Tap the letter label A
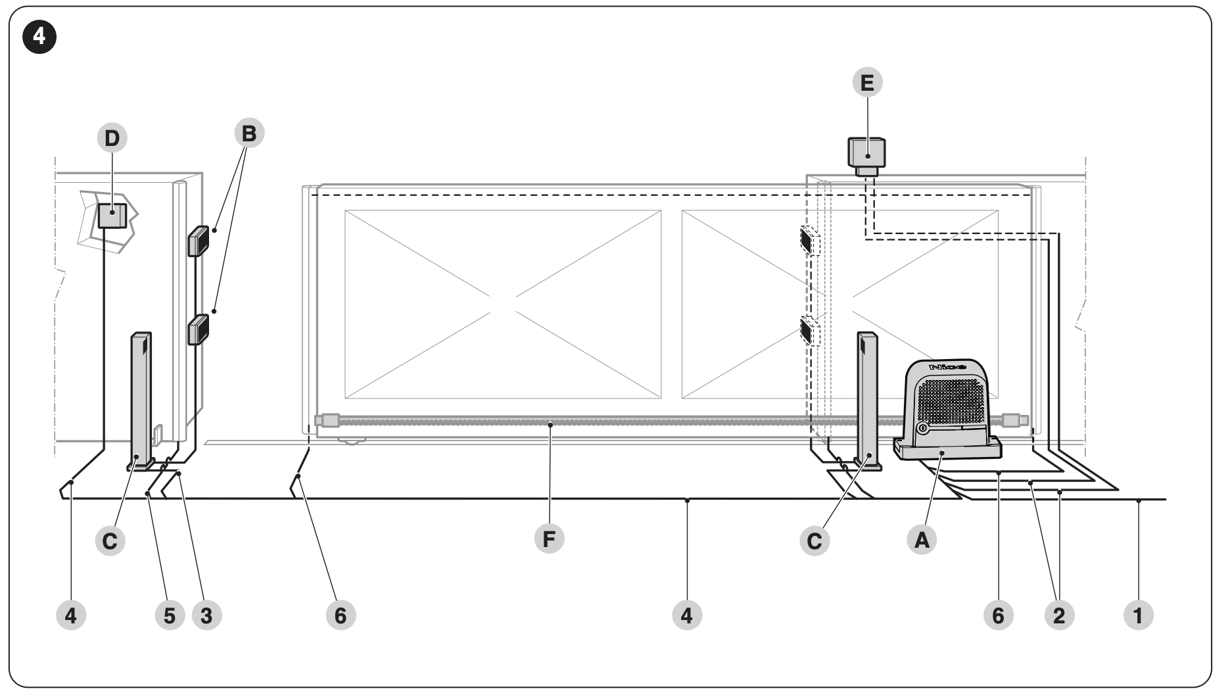pos(922,541)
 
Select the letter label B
pos(249,133)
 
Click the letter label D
pos(112,138)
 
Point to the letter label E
pos(867,83)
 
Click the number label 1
pos(1139,615)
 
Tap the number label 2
pos(1058,615)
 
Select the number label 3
pos(206,615)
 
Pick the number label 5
pos(170,615)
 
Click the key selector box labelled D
pos(112,215)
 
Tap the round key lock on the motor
pos(922,429)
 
